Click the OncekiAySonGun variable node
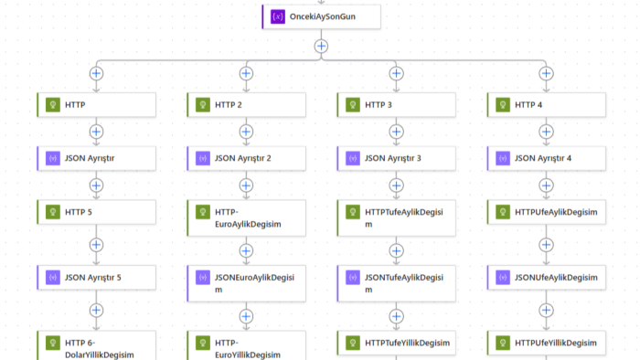[321, 16]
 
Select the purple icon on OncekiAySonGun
[278, 16]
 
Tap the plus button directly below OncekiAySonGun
[321, 46]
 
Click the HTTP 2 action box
[247, 105]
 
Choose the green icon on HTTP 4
[503, 105]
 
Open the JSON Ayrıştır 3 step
[396, 158]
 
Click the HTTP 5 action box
[96, 212]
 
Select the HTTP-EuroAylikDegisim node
[247, 218]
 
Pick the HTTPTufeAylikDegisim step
[396, 218]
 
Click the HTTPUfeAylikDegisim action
[547, 212]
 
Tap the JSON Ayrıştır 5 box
[96, 278]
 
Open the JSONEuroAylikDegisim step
[247, 284]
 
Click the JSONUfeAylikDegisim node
[547, 278]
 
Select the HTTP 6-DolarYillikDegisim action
[96, 345]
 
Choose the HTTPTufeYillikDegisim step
[396, 344]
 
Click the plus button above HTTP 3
[396, 73]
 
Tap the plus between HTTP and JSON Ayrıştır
[96, 132]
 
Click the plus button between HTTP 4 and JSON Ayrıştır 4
[546, 132]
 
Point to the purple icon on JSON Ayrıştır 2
[203, 158]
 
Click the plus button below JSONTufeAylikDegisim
[396, 316]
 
